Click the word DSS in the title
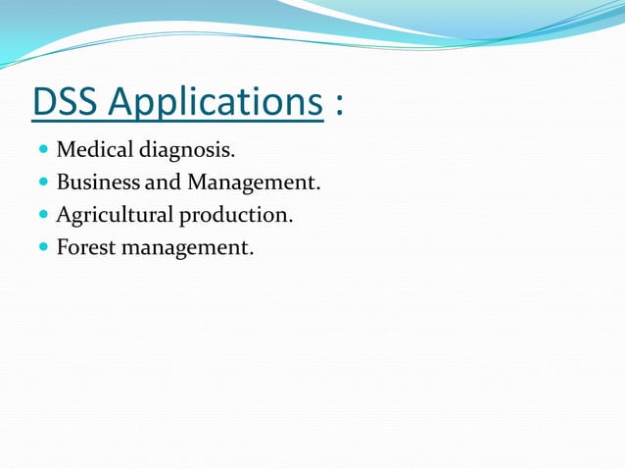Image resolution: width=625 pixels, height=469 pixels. click(x=67, y=102)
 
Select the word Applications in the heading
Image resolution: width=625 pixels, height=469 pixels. click(x=216, y=102)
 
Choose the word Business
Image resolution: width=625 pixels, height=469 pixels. click(x=98, y=182)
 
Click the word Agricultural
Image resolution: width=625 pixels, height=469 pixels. click(x=114, y=216)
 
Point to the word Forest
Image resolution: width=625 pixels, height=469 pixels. click(x=86, y=248)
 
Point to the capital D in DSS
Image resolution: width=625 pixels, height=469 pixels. click(x=44, y=102)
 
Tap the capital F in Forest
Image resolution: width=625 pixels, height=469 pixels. click(x=62, y=248)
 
